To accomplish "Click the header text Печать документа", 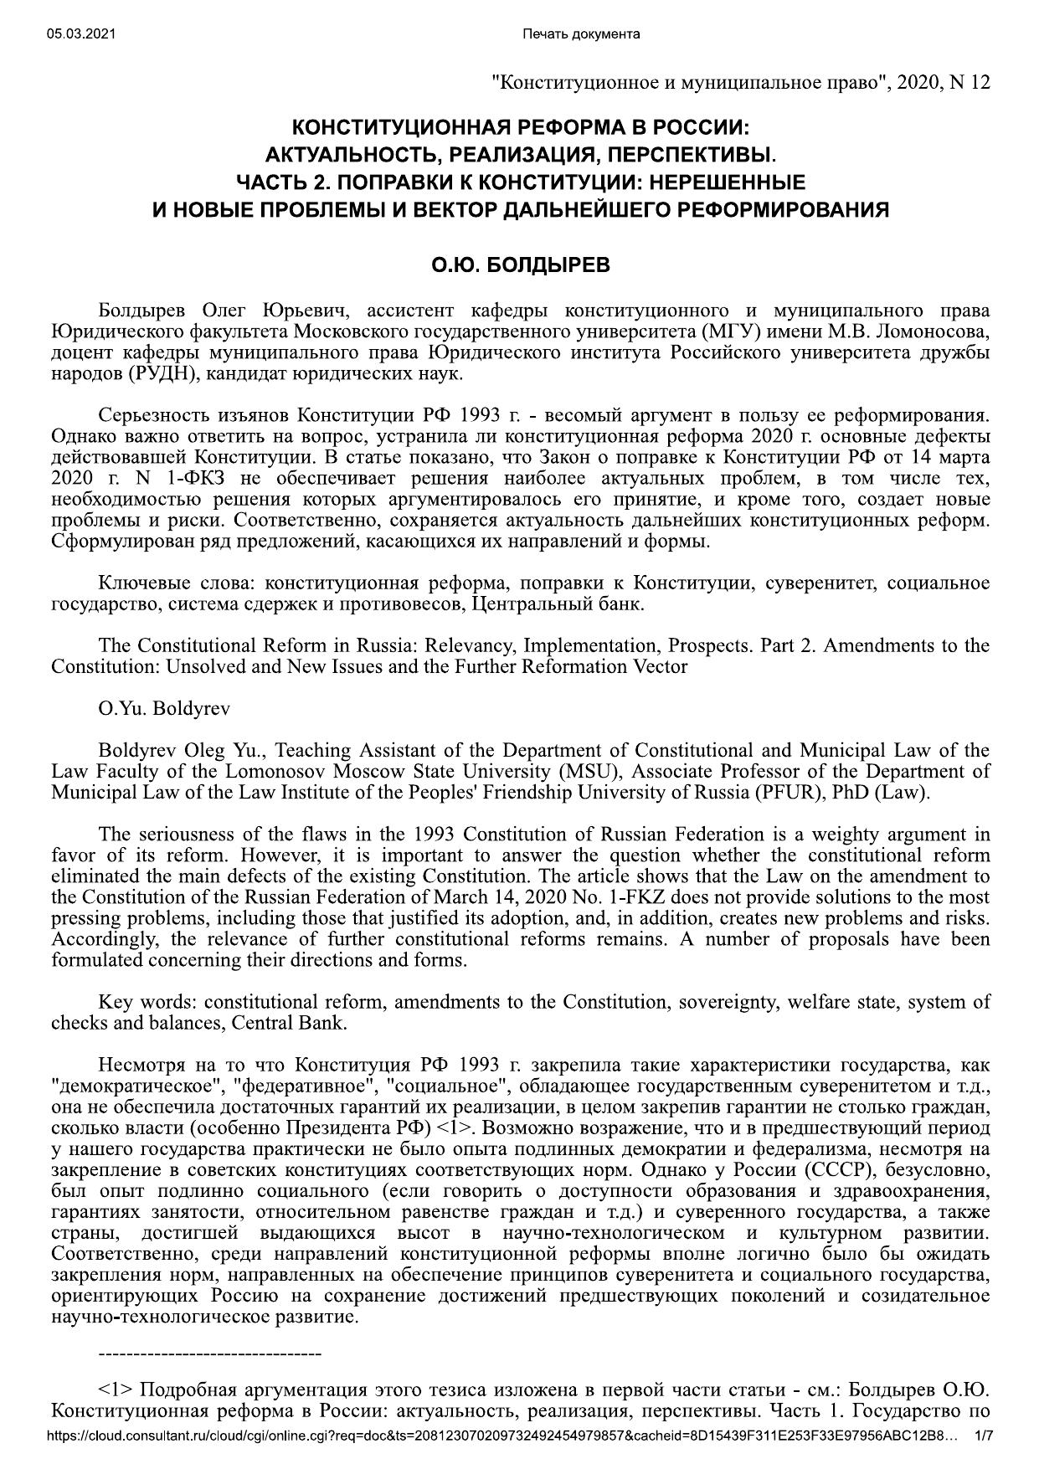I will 580,33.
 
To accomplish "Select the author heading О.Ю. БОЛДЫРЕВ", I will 520,265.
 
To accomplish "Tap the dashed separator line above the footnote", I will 210,1353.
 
